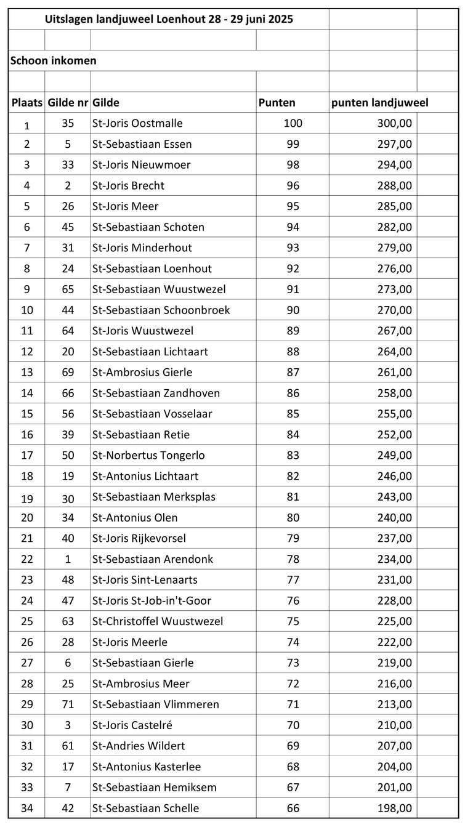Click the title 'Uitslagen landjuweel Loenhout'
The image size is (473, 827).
click(x=169, y=19)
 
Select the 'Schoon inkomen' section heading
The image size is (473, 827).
click(x=54, y=60)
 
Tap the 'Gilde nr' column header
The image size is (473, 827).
click(x=68, y=103)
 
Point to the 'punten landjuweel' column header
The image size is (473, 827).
click(x=379, y=103)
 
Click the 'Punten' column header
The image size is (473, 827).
click(x=277, y=103)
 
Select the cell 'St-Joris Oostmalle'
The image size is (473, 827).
click(x=137, y=123)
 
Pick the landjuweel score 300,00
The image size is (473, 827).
click(x=394, y=123)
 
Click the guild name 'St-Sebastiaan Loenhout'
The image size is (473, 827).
click(x=152, y=268)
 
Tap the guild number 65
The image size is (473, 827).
click(x=68, y=289)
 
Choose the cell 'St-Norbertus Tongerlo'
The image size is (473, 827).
click(x=148, y=455)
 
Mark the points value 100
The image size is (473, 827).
click(x=293, y=123)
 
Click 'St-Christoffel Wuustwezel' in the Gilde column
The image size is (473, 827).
click(x=158, y=621)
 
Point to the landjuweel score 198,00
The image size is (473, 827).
click(x=394, y=808)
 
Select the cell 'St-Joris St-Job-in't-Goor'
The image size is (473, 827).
click(x=152, y=600)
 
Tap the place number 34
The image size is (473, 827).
click(x=26, y=808)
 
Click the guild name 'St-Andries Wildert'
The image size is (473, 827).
click(x=139, y=746)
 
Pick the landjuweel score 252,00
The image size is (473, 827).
click(x=394, y=435)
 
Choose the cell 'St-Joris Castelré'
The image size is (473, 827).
click(x=132, y=725)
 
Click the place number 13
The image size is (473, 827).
click(x=26, y=373)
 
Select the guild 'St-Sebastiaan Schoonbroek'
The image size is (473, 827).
click(x=161, y=310)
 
